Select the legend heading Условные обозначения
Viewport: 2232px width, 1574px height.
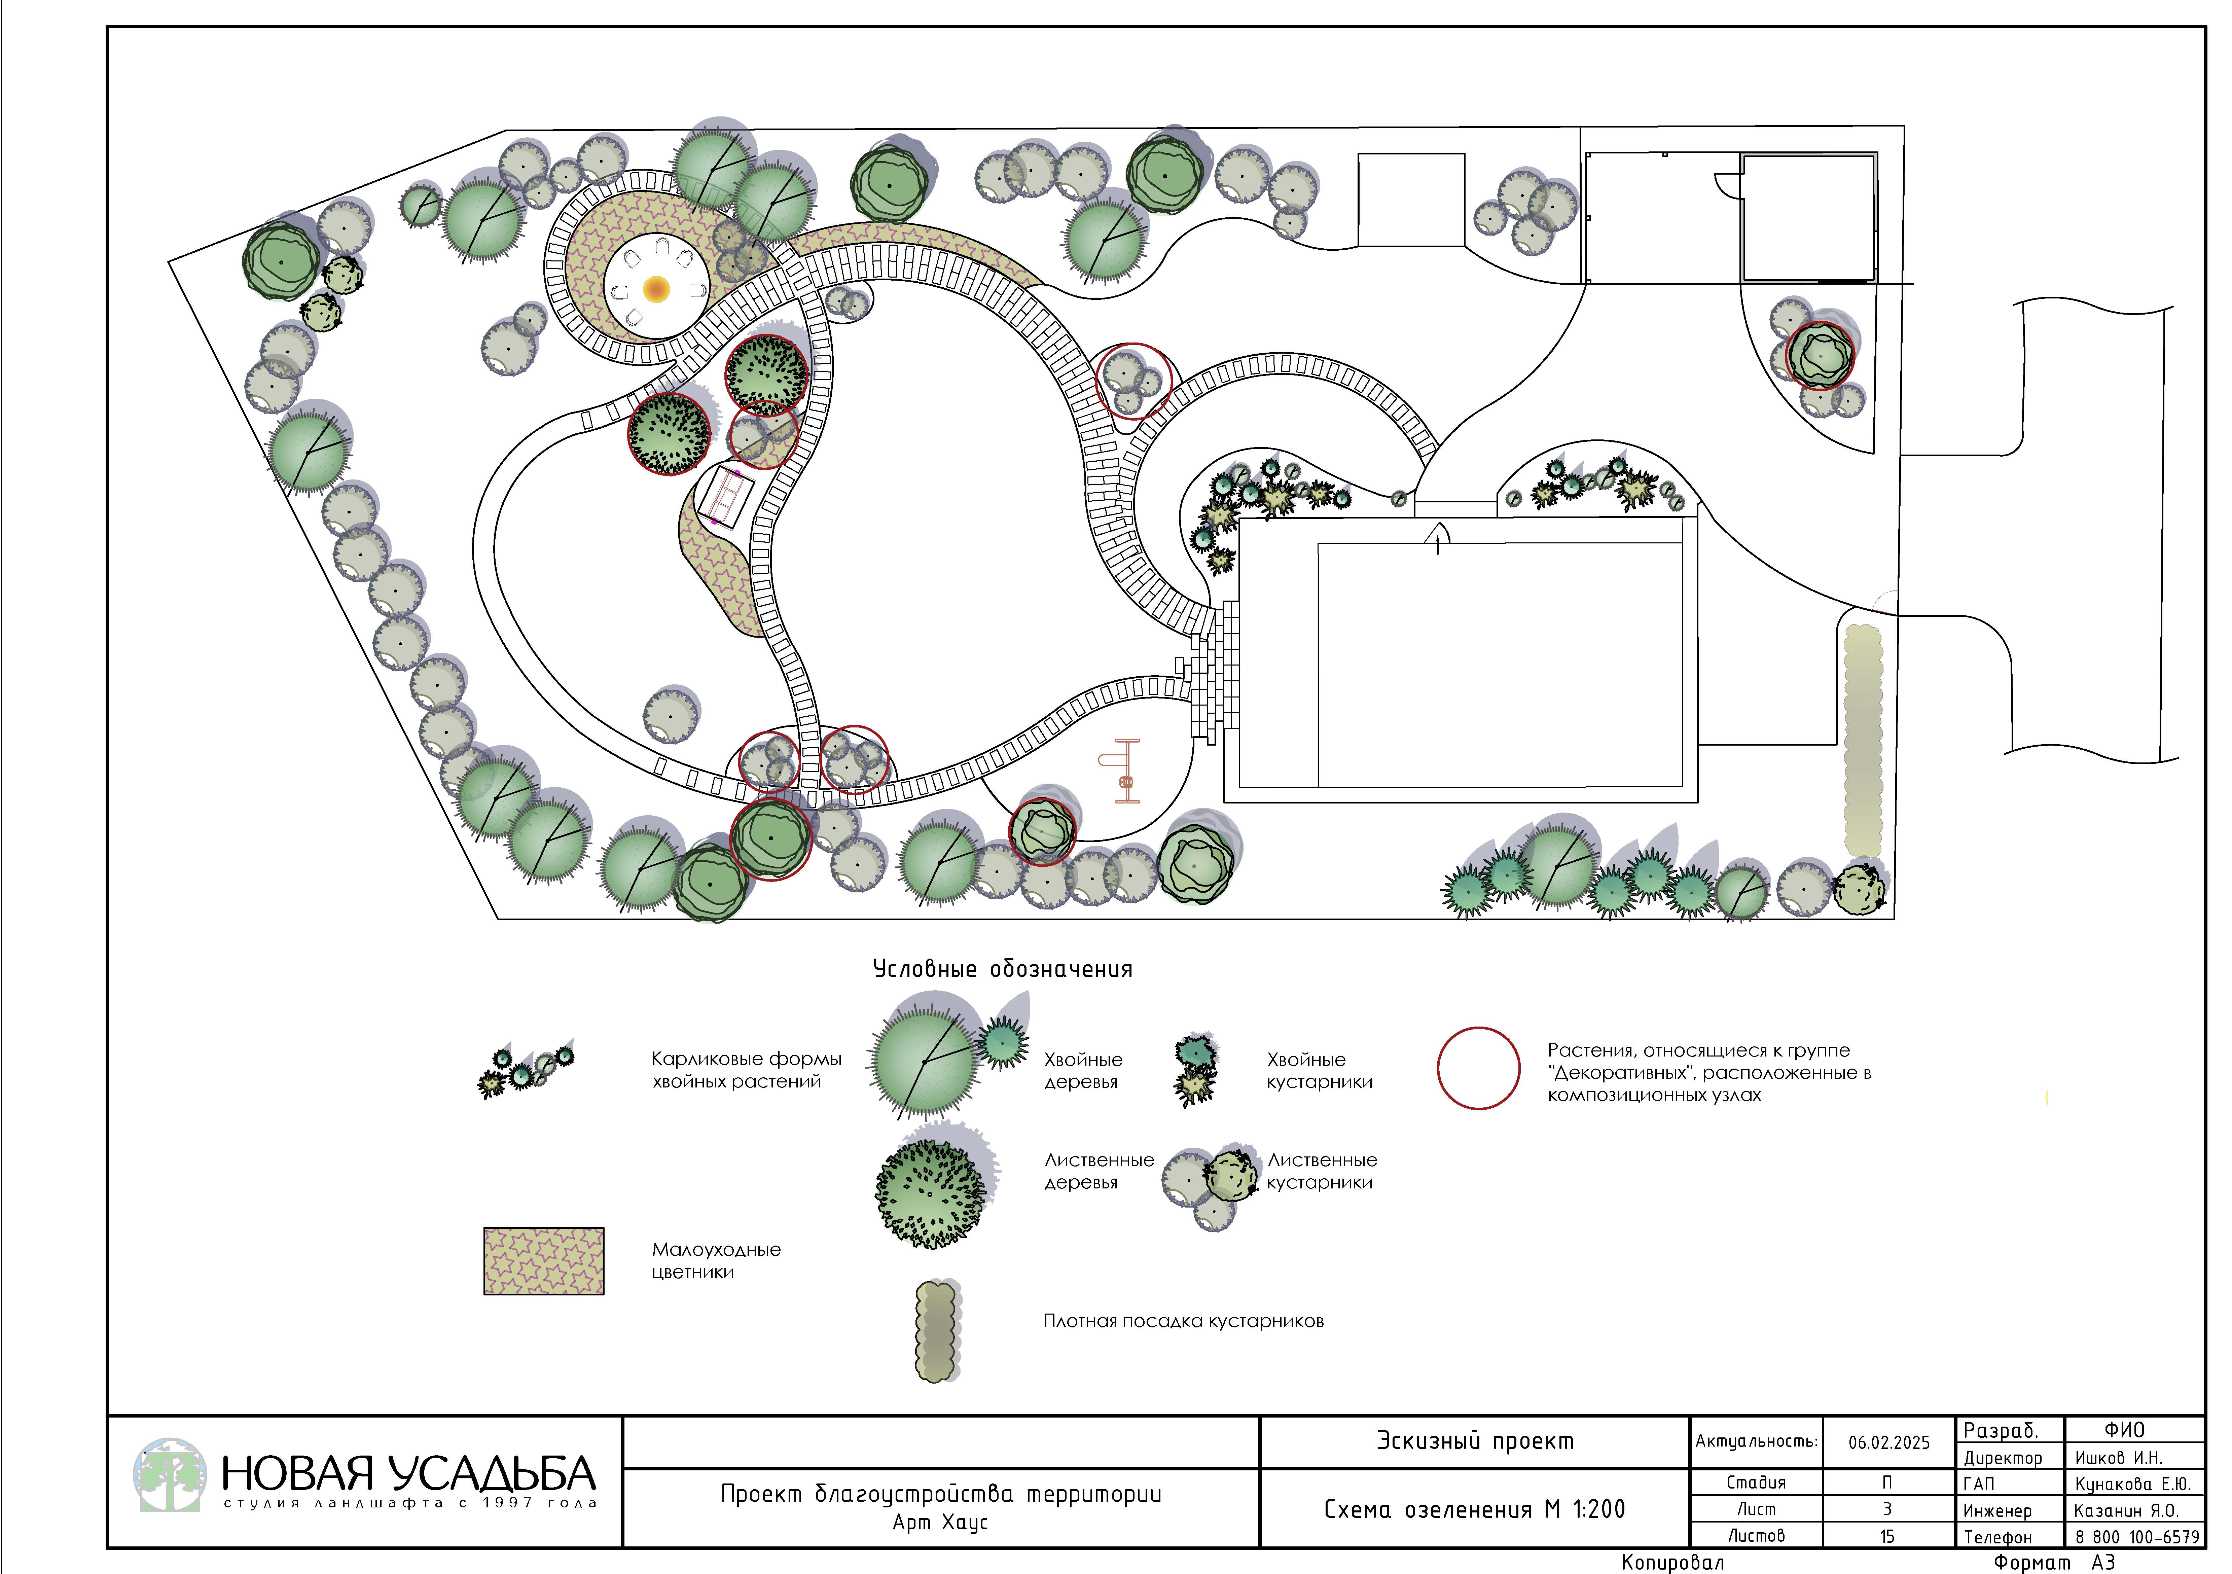click(x=1002, y=969)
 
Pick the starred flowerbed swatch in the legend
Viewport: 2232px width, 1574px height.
click(x=543, y=1261)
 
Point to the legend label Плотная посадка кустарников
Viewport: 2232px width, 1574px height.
click(x=1183, y=1321)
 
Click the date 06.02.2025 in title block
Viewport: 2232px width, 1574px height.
click(x=1889, y=1443)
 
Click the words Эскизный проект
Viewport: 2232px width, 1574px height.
click(x=1475, y=1441)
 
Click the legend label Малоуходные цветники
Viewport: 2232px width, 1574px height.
click(x=716, y=1261)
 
